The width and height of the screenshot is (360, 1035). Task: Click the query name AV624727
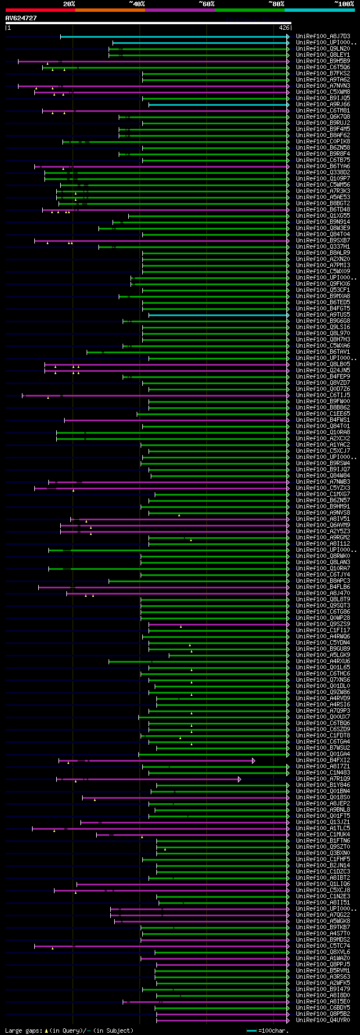21,18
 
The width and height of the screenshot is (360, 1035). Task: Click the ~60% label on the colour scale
206,4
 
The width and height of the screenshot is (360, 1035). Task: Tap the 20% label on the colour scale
69,4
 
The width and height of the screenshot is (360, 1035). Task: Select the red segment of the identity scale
40,10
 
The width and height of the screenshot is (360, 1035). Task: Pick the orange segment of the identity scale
110,10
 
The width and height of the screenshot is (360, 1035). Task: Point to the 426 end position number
284,27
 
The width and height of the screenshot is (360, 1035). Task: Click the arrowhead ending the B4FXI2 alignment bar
254,760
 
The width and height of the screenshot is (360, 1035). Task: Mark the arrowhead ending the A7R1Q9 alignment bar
240,779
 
